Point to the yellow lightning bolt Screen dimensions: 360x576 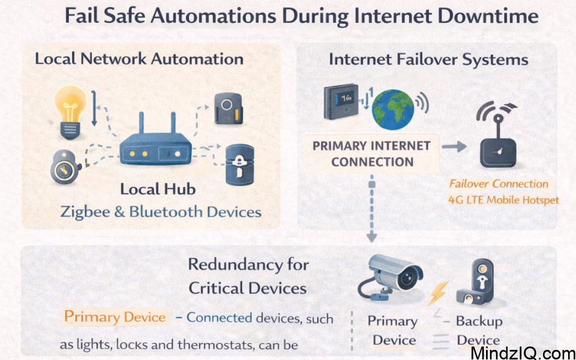coord(439,292)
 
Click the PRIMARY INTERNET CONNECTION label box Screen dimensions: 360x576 coord(371,154)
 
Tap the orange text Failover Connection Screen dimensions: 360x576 coord(498,184)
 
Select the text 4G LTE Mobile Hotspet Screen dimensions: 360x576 coord(504,200)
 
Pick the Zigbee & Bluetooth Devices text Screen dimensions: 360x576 coord(161,212)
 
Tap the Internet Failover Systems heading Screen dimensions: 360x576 coord(429,60)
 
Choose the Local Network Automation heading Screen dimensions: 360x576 coord(139,58)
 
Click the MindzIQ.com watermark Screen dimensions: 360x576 coord(522,352)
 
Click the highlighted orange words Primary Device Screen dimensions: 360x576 coord(115,317)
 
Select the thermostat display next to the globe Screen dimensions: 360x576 coord(341,102)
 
